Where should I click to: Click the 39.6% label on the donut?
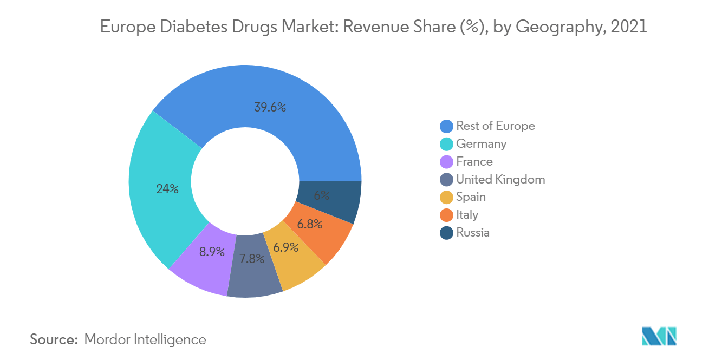coord(270,107)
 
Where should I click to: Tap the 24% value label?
coord(167,189)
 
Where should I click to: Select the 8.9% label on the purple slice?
coord(211,252)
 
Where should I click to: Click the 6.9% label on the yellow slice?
coord(285,247)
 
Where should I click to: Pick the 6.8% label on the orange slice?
coord(310,224)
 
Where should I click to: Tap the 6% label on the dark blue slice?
coord(322,195)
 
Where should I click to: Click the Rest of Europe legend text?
coord(495,126)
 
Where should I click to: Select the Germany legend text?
coord(481,144)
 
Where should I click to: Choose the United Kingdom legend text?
coord(500,179)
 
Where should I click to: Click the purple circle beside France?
coord(446,162)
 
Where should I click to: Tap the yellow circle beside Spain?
coord(446,197)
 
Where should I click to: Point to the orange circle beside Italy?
coord(446,215)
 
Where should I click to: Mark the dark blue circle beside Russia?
coord(446,233)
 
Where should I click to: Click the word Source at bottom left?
coord(54,340)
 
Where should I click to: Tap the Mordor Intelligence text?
coord(145,340)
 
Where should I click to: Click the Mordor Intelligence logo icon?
coord(659,336)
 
